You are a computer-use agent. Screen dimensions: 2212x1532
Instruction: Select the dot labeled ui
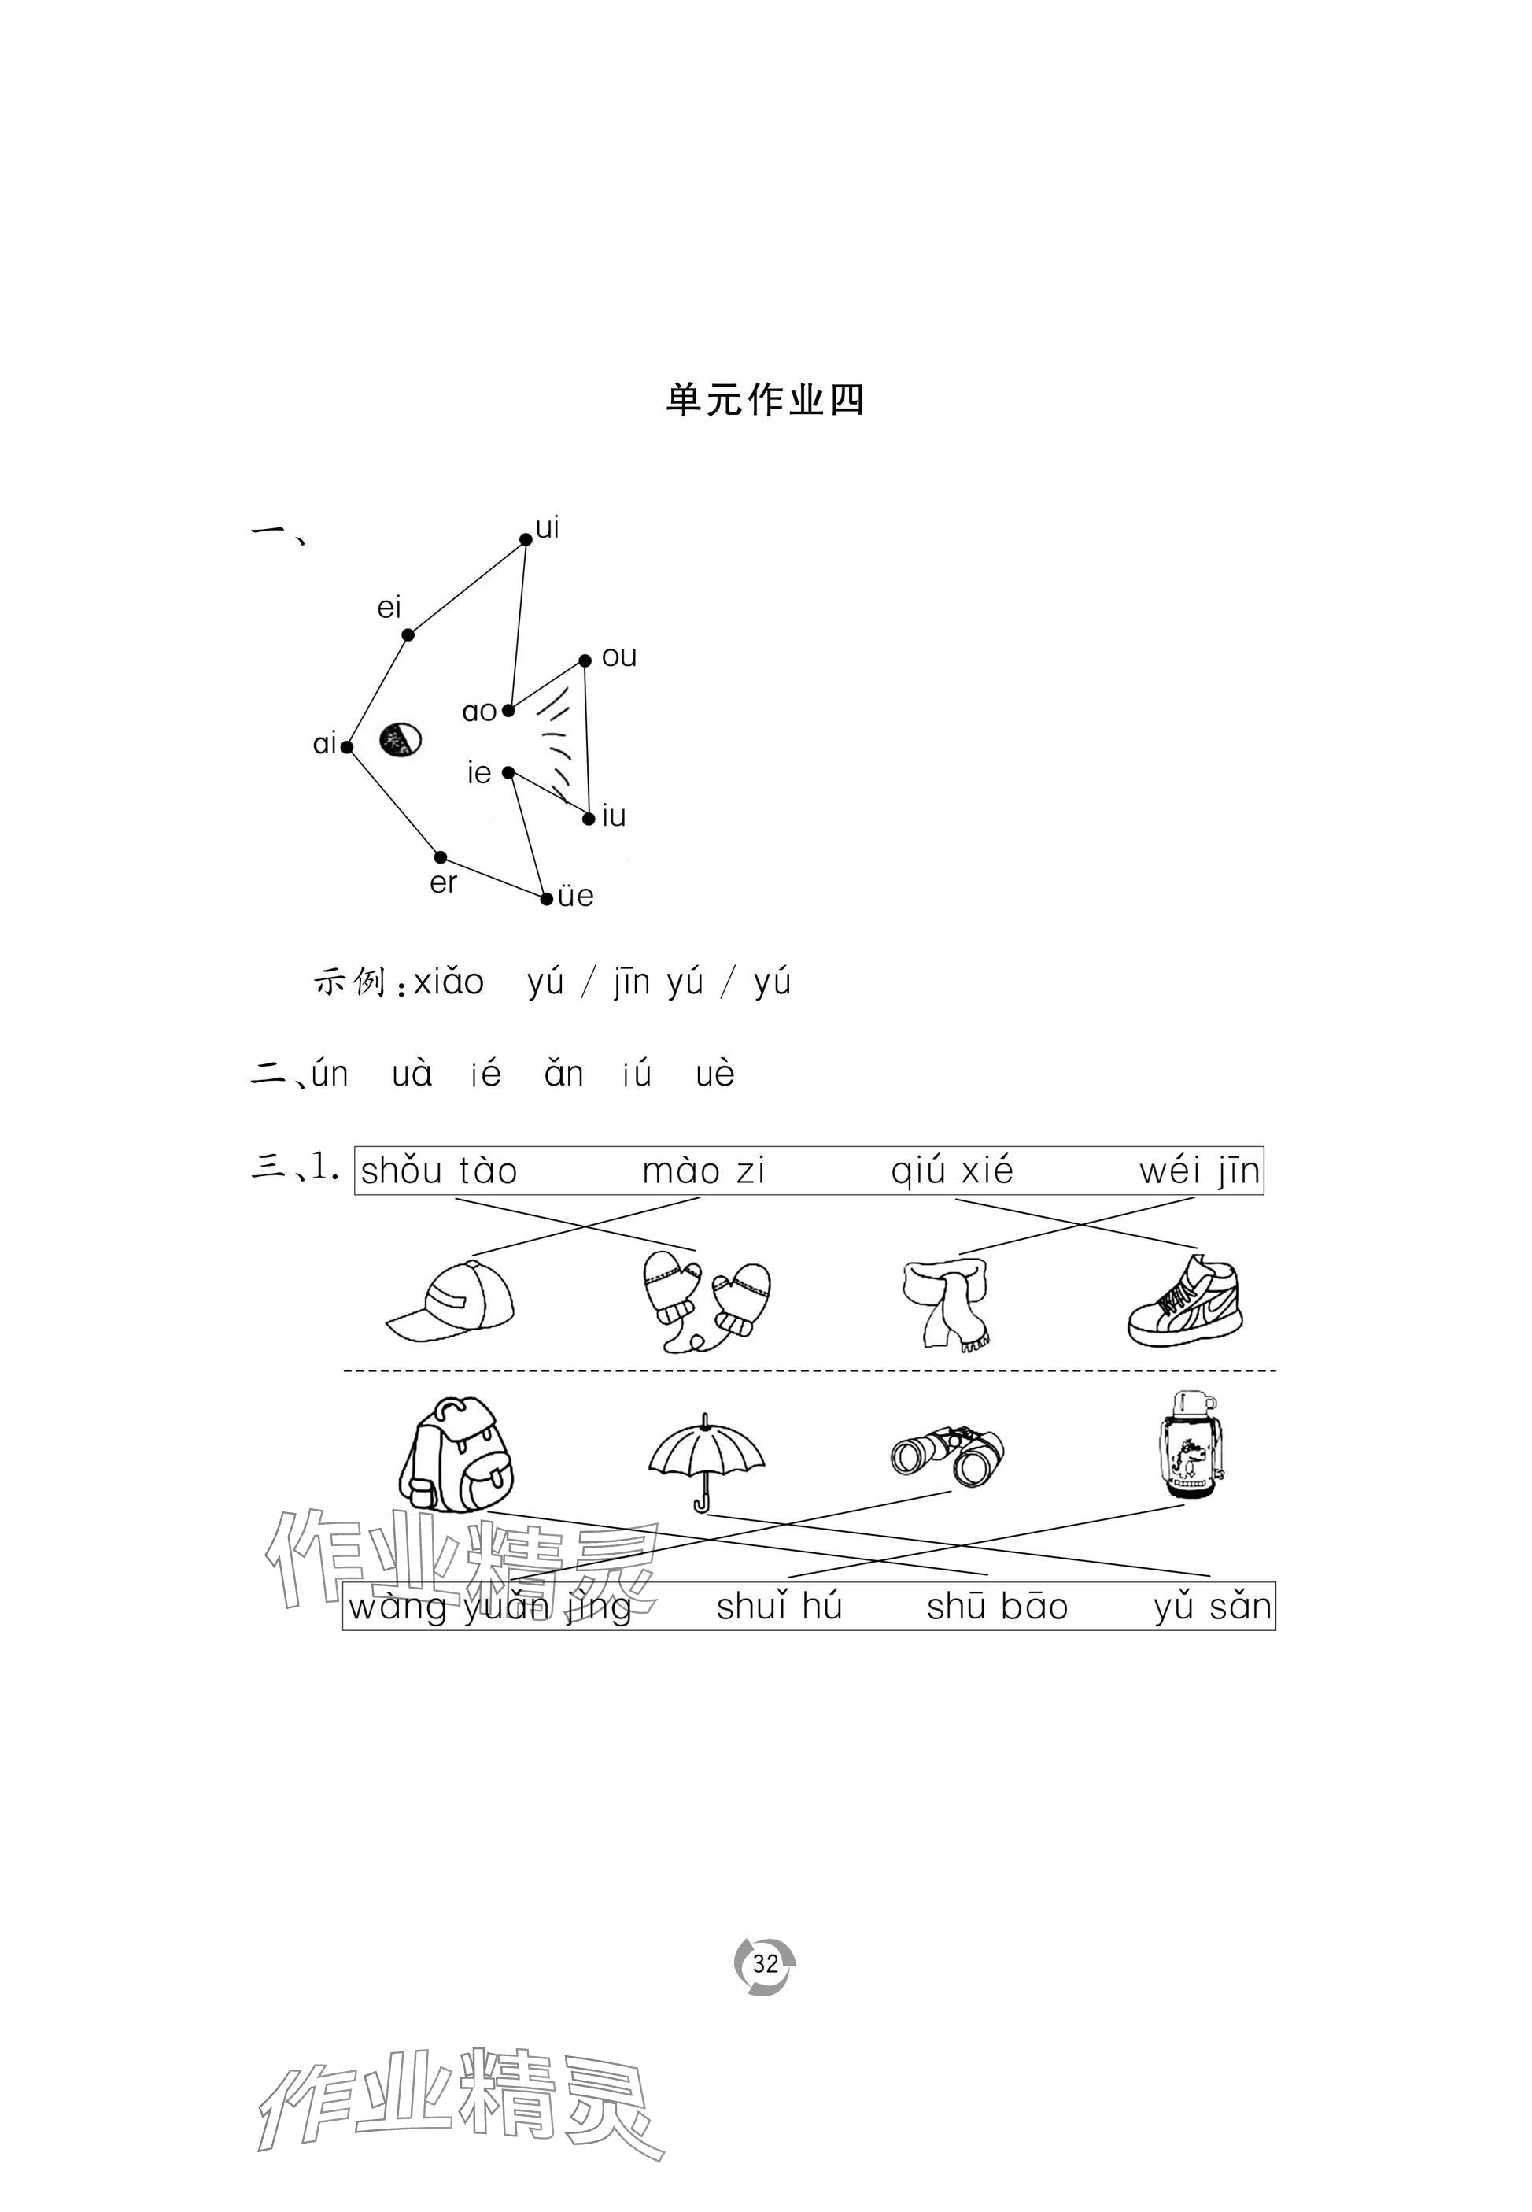pyautogui.click(x=525, y=539)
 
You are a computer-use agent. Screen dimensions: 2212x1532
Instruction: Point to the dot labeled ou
pyautogui.click(x=585, y=660)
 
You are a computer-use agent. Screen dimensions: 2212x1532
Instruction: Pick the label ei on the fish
pyautogui.click(x=389, y=608)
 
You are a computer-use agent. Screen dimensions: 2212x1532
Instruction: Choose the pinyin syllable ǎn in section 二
pyautogui.click(x=563, y=1075)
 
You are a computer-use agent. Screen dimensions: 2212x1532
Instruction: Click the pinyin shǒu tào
pyautogui.click(x=439, y=1171)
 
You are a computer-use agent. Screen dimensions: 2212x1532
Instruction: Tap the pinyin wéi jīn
pyautogui.click(x=1199, y=1171)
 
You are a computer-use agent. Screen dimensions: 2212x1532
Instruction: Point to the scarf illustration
pyautogui.click(x=947, y=1304)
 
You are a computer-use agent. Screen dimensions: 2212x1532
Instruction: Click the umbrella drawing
pyautogui.click(x=707, y=1459)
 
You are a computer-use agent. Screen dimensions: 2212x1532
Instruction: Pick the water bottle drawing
pyautogui.click(x=1191, y=1445)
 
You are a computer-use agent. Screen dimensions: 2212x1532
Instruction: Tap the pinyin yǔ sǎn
pyautogui.click(x=1213, y=1606)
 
